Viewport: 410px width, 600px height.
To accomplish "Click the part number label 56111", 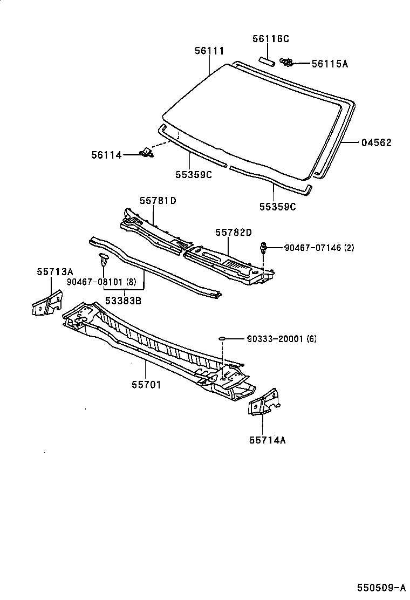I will tap(209, 51).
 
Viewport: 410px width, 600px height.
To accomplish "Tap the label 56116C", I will tap(271, 39).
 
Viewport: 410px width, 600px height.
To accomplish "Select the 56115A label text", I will tap(330, 64).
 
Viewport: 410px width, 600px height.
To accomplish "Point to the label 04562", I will tap(376, 143).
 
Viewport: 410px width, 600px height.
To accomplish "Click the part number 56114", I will tap(106, 155).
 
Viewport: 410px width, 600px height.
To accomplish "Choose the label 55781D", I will tap(158, 200).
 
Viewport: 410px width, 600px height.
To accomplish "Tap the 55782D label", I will tap(234, 233).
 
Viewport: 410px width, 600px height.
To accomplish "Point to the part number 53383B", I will tap(123, 300).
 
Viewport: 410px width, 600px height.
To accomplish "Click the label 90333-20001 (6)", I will tap(282, 339).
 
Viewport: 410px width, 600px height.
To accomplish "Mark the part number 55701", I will tap(146, 385).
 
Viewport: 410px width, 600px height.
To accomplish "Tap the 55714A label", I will tap(267, 440).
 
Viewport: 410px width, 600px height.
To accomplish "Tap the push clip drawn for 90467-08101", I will tap(103, 261).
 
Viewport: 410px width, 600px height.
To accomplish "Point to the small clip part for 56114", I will tap(146, 154).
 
